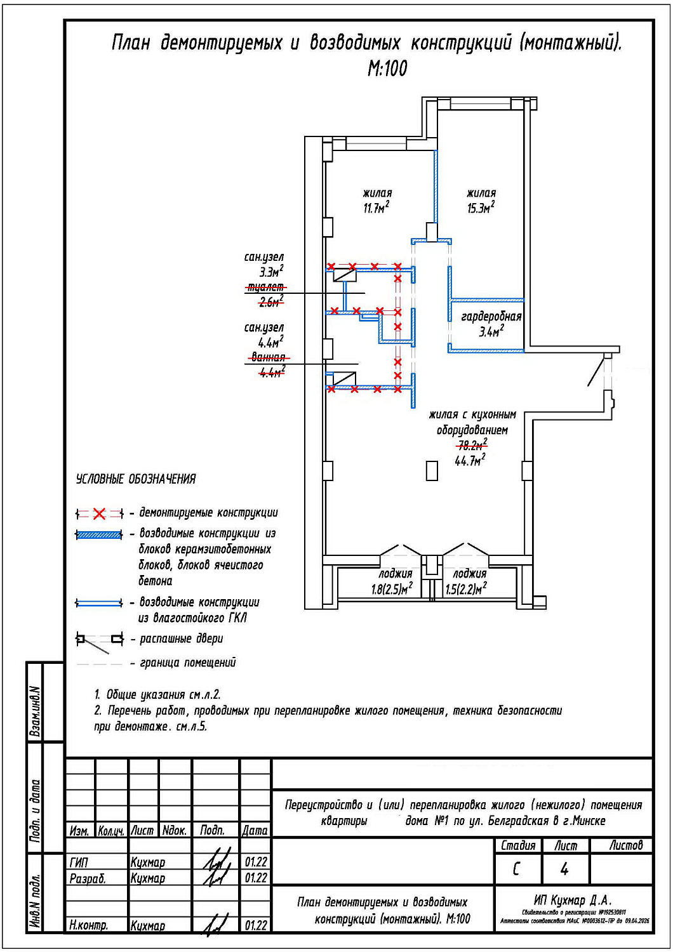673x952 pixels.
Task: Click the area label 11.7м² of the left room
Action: coord(376,208)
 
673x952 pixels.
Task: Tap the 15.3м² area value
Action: coord(481,208)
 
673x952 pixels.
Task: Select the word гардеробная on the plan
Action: coord(491,316)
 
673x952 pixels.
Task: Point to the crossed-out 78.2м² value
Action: coord(472,446)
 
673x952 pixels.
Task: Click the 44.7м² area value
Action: coord(470,461)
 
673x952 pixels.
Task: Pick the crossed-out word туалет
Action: coord(265,288)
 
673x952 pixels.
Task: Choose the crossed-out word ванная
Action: coord(268,357)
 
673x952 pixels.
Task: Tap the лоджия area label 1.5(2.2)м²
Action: coord(465,589)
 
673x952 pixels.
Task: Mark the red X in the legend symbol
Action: coord(99,513)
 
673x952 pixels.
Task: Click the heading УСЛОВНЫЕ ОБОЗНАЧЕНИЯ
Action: coord(136,479)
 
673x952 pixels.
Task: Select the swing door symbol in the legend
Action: coord(99,640)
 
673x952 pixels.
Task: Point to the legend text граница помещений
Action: coord(187,663)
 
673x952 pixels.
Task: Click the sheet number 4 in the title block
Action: coord(564,869)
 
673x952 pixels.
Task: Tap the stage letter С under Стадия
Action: coord(517,869)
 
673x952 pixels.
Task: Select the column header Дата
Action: coord(255,830)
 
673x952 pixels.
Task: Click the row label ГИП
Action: coord(79,863)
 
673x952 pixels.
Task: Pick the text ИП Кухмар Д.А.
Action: coord(573,900)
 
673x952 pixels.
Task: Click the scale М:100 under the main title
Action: coord(387,68)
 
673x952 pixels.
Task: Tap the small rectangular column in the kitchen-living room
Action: coord(432,470)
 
